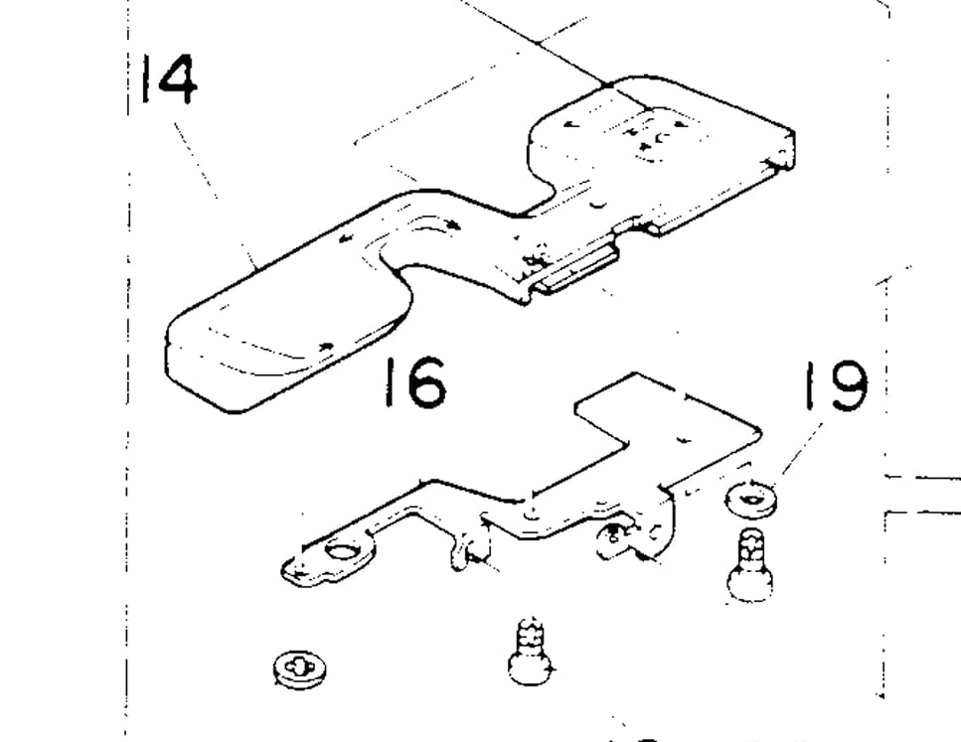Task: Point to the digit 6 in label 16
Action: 427,384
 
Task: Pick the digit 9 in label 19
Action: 847,386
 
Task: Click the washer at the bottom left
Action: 296,668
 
